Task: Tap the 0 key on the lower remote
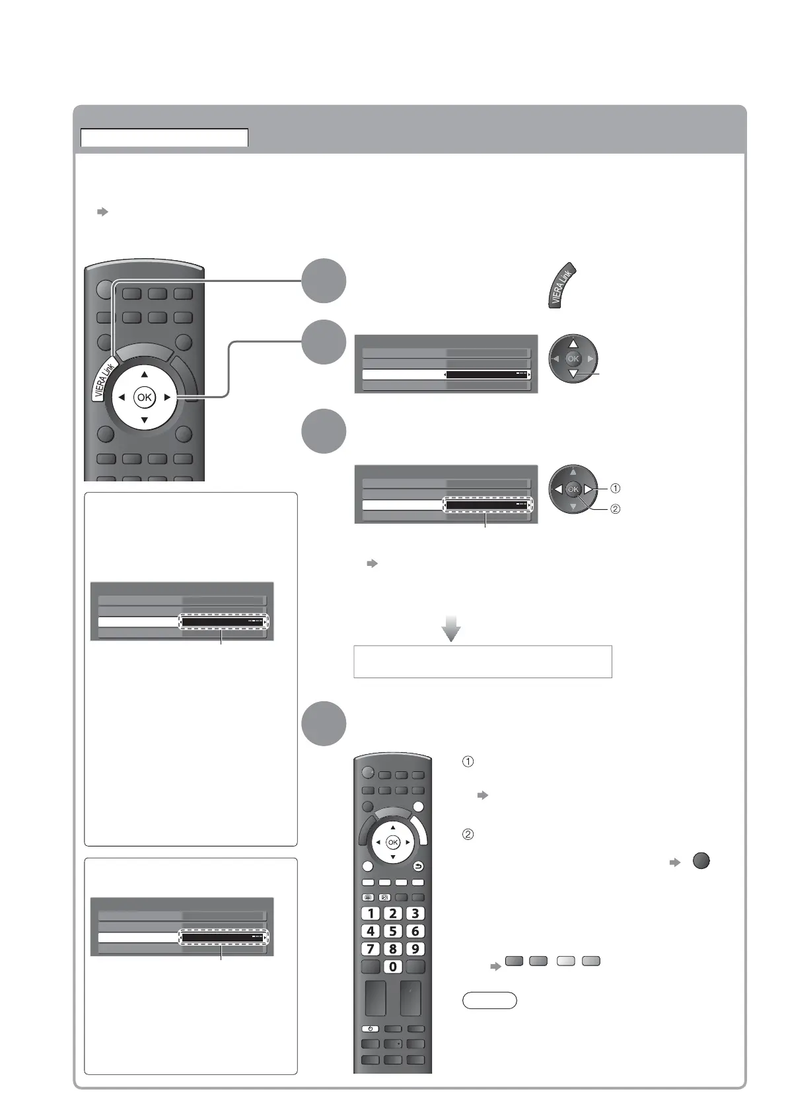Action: pos(393,967)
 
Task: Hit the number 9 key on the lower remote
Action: pos(415,949)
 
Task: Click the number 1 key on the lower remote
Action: pos(371,914)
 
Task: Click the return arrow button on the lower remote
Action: pos(418,866)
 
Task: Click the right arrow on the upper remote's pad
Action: pos(168,398)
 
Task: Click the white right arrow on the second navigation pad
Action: pos(588,489)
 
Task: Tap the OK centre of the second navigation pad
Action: pos(573,489)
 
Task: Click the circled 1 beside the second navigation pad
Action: pos(615,489)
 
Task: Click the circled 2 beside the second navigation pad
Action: pos(615,509)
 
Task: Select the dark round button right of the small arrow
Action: pos(701,861)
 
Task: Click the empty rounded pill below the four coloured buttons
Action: pos(489,1000)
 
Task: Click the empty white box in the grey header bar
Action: pos(164,137)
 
